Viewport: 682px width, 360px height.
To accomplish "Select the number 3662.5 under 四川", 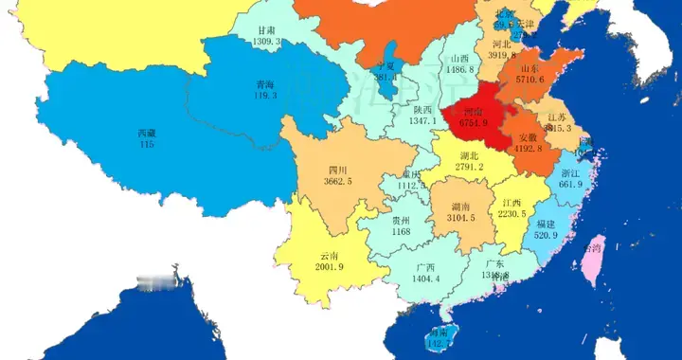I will pos(336,181).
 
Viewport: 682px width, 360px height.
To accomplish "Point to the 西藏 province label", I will pos(147,134).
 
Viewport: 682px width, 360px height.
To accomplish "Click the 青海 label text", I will pos(252,83).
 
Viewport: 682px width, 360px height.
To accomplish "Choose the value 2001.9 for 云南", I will pos(331,267).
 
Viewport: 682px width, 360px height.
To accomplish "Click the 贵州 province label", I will pos(401,220).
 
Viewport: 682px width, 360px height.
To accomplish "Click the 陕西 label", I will pos(422,110).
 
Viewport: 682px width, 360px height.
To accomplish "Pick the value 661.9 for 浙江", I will pos(570,185).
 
